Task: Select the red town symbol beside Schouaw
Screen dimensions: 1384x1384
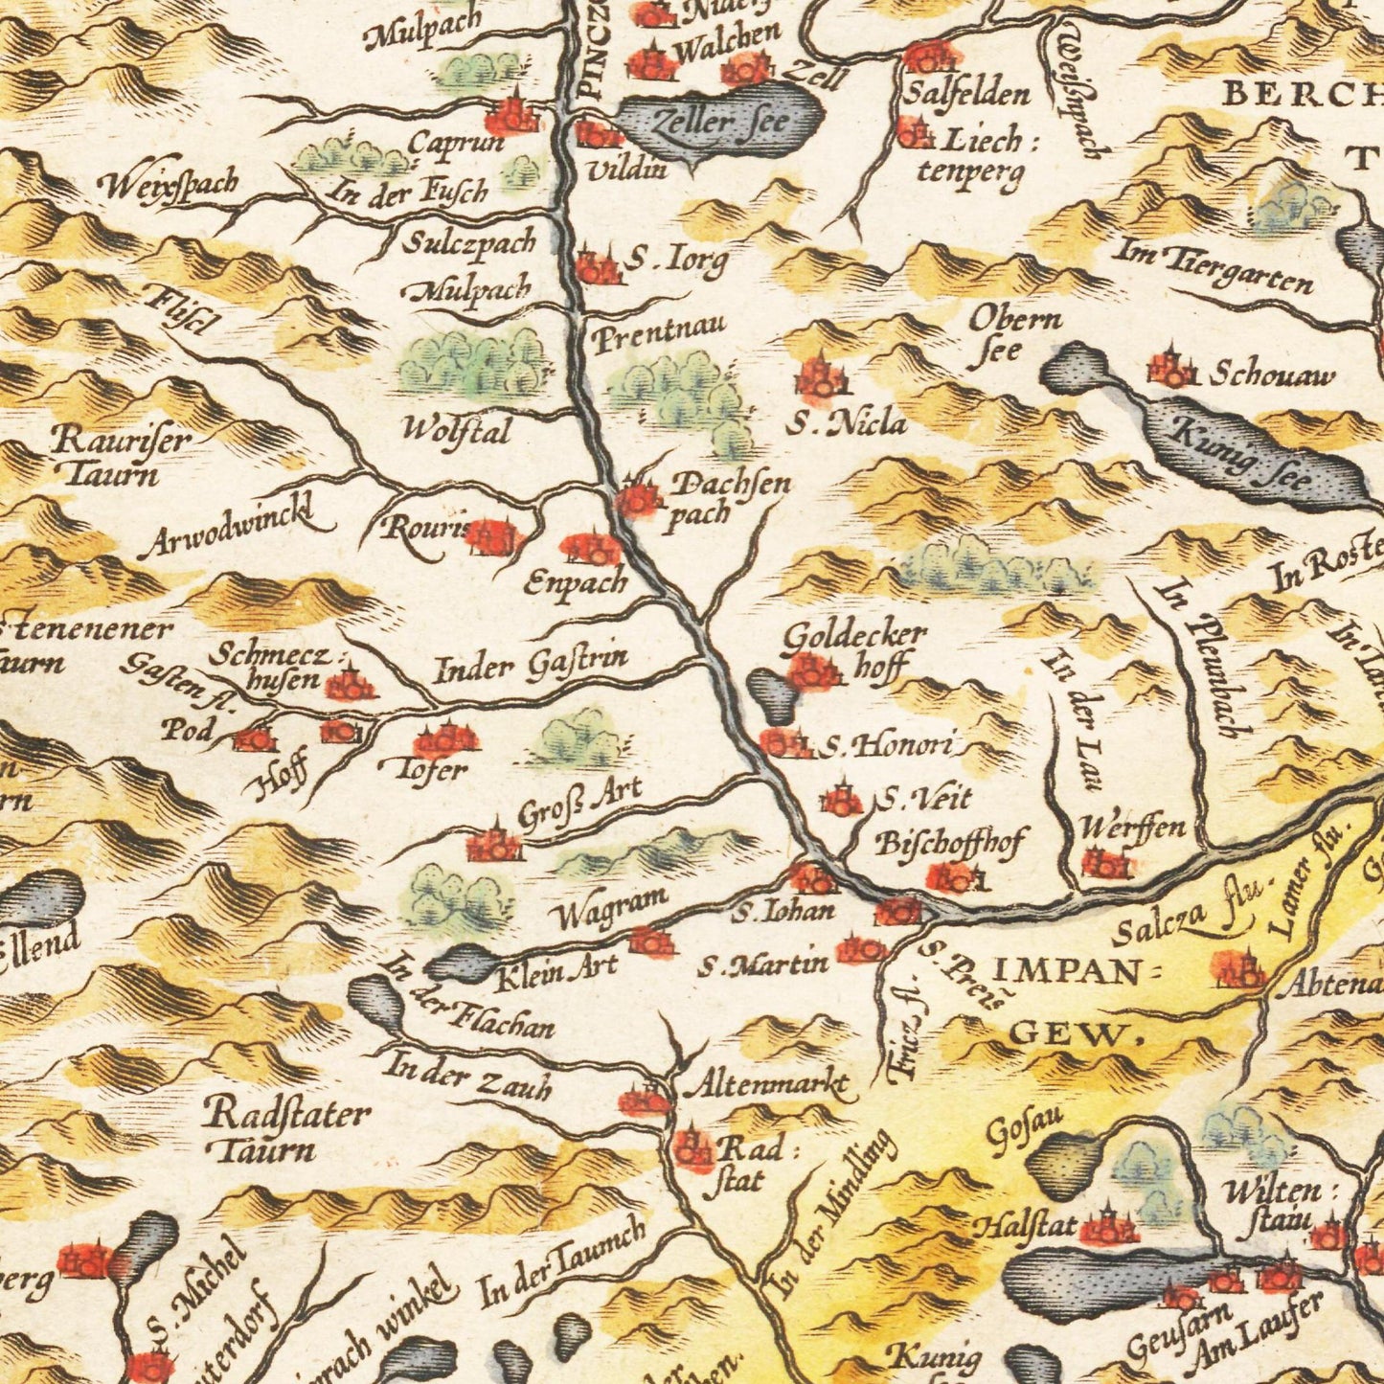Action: pyautogui.click(x=1171, y=368)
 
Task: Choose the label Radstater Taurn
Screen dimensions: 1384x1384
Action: pyautogui.click(x=287, y=1130)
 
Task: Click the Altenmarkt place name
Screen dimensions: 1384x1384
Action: pyautogui.click(x=763, y=1086)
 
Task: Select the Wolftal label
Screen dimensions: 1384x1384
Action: pyautogui.click(x=456, y=430)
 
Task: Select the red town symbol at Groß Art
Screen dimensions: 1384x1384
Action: pyautogui.click(x=494, y=844)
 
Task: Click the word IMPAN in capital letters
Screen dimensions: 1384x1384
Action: pyautogui.click(x=1067, y=973)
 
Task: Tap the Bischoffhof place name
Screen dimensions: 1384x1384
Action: pyautogui.click(x=950, y=843)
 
